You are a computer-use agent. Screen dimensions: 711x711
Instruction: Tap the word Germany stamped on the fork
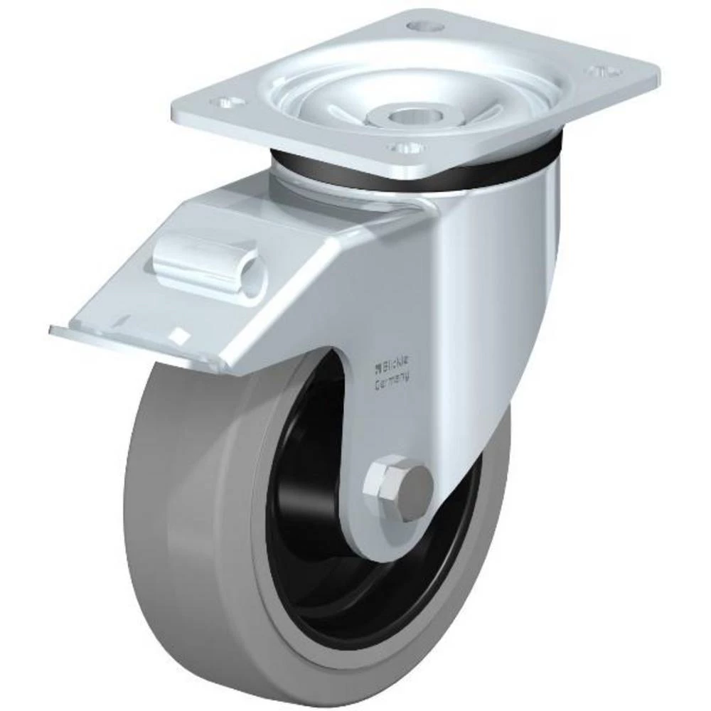pyautogui.click(x=392, y=382)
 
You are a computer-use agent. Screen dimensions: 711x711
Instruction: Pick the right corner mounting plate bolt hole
pyautogui.click(x=602, y=71)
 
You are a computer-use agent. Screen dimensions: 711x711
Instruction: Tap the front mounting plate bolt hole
pyautogui.click(x=401, y=148)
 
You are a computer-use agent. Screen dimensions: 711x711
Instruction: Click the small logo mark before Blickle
pyautogui.click(x=378, y=368)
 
